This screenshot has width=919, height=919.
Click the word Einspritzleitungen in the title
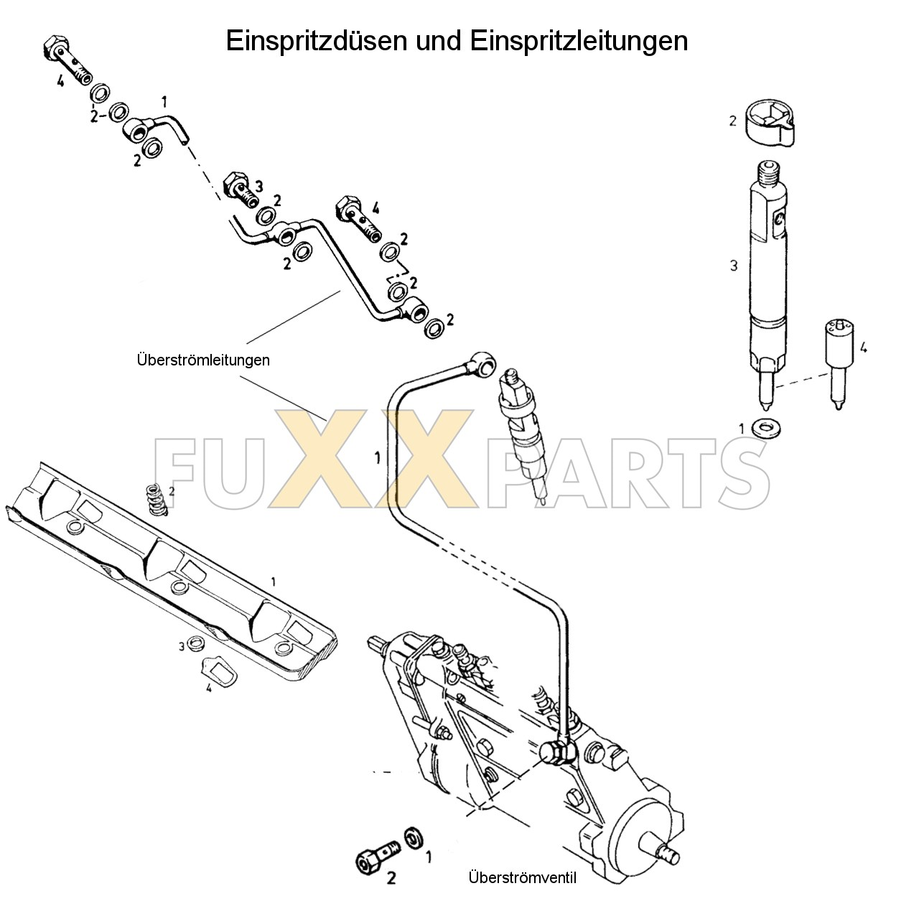[x=579, y=41]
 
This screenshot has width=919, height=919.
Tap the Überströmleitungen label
[x=203, y=360]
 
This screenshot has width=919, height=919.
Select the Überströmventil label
[x=522, y=877]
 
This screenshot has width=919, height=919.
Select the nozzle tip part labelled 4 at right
[x=837, y=363]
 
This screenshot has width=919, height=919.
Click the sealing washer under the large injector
[x=767, y=429]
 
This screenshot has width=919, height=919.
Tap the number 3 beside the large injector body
[x=733, y=266]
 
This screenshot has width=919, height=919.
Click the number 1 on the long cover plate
[x=272, y=580]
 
